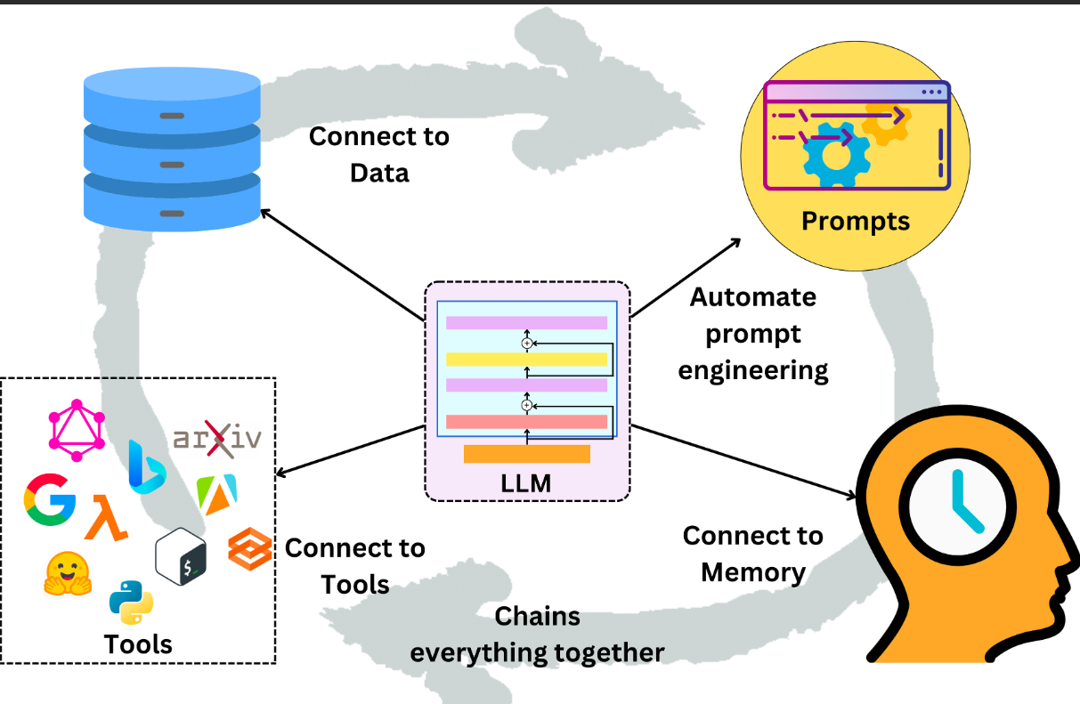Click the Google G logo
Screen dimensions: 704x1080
[50, 498]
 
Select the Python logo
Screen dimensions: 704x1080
[131, 603]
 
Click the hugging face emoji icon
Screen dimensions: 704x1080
[67, 573]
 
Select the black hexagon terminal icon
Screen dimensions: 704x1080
[181, 555]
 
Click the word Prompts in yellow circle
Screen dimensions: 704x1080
[856, 220]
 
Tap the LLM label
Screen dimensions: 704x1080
[527, 484]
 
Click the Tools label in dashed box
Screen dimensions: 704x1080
[138, 643]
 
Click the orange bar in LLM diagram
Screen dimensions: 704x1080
[527, 454]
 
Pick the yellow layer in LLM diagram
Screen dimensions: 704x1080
[527, 359]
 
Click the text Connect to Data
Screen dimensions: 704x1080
[379, 154]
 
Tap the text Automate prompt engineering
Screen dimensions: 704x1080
[753, 333]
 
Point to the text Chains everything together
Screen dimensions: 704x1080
[537, 634]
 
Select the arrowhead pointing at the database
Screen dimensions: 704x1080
[264, 212]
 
